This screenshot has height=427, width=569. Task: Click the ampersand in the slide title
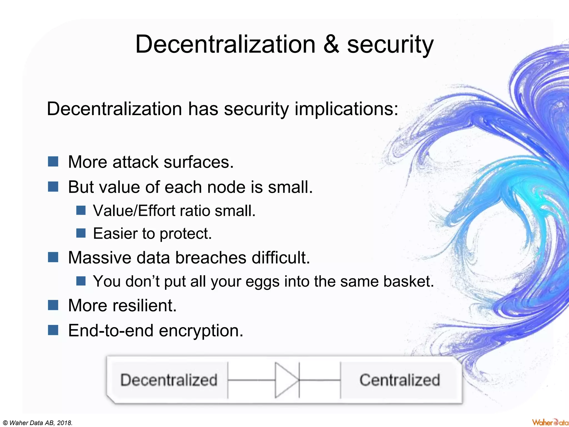tap(331, 44)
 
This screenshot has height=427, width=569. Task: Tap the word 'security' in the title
tap(390, 45)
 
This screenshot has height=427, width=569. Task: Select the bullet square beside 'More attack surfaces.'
tap(53, 161)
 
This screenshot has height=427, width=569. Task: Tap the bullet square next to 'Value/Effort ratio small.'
tap(81, 210)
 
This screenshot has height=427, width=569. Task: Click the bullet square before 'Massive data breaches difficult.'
tap(53, 257)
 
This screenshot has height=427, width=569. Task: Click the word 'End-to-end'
tap(111, 331)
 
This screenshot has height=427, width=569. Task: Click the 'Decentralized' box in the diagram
tap(169, 380)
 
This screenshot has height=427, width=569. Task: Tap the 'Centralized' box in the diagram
tap(400, 380)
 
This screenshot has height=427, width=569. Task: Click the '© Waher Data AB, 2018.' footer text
tap(37, 423)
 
